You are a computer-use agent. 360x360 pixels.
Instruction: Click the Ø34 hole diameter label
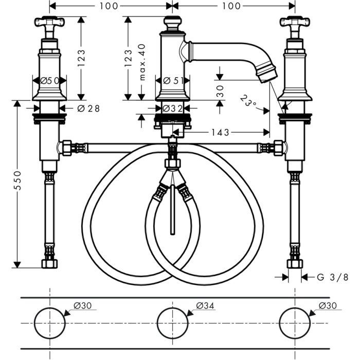click(205, 305)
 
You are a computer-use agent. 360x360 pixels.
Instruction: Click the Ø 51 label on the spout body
click(173, 80)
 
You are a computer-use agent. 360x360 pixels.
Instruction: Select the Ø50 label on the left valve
click(49, 80)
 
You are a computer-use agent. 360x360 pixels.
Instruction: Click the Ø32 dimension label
click(173, 108)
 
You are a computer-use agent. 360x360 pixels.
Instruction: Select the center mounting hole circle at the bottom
click(172, 322)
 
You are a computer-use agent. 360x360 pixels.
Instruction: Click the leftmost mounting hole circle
click(49, 322)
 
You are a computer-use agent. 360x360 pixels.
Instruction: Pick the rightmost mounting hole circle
click(295, 322)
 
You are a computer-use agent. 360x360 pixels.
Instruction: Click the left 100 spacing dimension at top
click(111, 6)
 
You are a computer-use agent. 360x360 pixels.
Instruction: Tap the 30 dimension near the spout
click(220, 90)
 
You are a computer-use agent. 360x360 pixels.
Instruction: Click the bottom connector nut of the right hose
click(295, 264)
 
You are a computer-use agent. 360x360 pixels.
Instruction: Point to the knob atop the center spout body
click(172, 23)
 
